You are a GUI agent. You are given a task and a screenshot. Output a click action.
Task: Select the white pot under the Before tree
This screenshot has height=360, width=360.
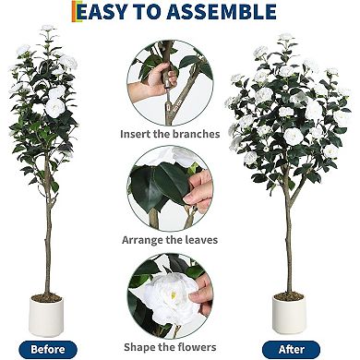[x=45, y=317]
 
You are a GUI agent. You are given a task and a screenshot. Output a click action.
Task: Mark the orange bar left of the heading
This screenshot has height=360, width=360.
[x=74, y=11]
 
